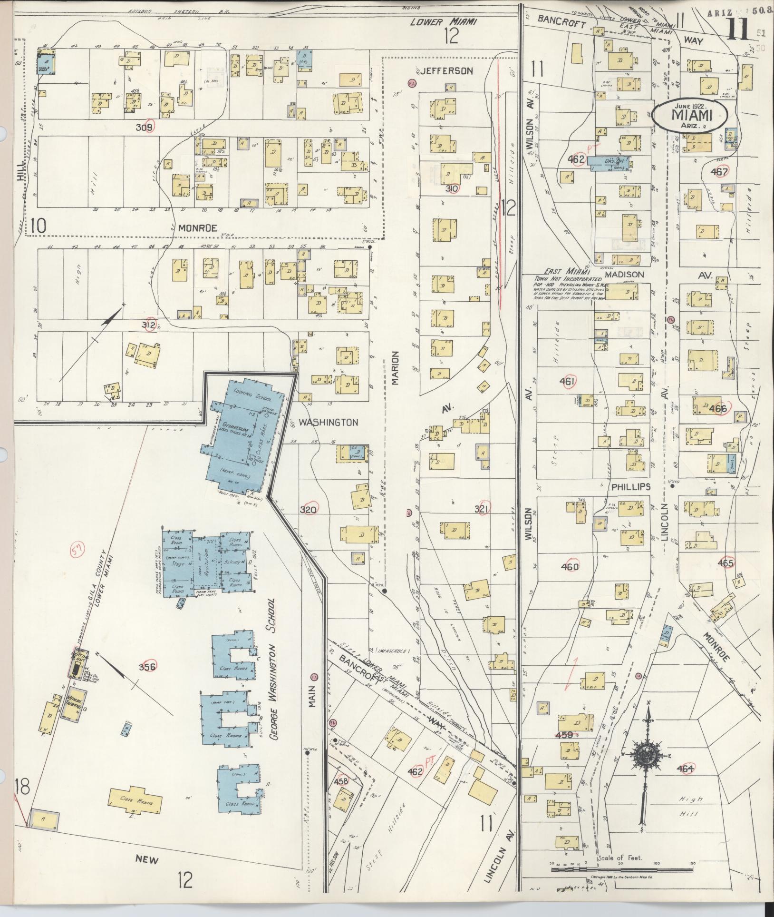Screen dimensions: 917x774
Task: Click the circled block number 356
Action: click(x=147, y=667)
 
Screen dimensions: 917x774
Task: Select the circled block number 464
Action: click(x=686, y=768)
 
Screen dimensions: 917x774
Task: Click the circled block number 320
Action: click(x=309, y=509)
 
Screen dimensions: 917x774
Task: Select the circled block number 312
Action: click(x=150, y=325)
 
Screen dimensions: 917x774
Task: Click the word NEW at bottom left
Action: click(x=146, y=860)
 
